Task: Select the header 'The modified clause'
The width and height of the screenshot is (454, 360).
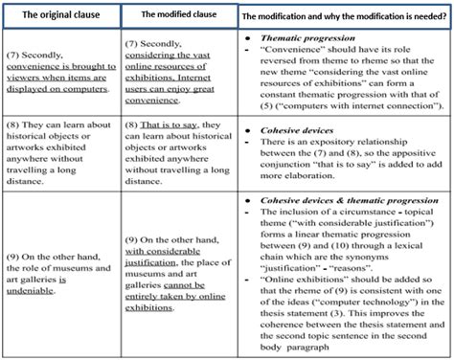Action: point(178,15)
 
